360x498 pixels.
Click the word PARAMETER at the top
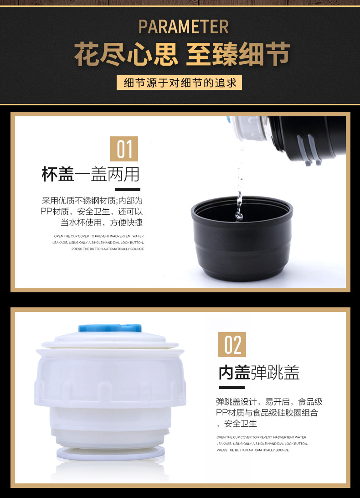184,26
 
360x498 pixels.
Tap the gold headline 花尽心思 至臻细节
182,54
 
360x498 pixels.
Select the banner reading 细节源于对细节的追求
180,83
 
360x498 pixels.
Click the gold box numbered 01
124,149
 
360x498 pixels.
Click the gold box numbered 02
232,344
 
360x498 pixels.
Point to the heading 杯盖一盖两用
91,174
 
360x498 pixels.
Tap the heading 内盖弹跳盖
259,372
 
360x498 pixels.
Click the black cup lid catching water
242,238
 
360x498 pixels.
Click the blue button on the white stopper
110,328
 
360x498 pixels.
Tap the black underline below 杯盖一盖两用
127,189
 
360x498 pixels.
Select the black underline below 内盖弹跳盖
232,387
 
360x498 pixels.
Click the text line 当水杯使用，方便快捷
102,223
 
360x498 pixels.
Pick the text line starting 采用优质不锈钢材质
93,201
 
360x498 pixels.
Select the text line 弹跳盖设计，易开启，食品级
269,402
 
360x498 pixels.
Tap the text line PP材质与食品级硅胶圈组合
267,413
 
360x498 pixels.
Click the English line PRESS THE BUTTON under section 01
108,249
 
